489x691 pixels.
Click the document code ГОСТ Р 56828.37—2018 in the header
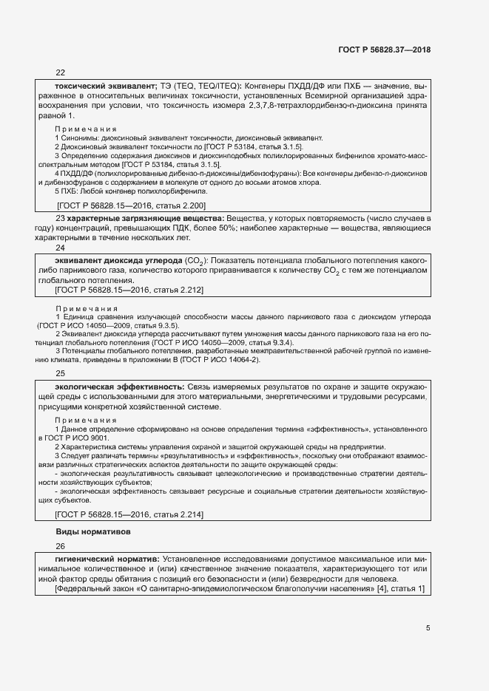(x=384, y=50)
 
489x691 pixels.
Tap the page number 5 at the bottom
(x=428, y=628)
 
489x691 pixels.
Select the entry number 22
(x=61, y=73)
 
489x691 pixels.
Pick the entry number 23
(x=61, y=219)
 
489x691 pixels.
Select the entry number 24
(x=61, y=249)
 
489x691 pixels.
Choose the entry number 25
(x=61, y=374)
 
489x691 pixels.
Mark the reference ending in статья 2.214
(x=130, y=514)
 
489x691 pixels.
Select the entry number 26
(x=61, y=547)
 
